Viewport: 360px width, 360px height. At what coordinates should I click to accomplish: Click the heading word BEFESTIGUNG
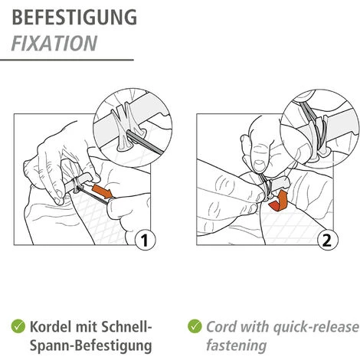pyautogui.click(x=74, y=17)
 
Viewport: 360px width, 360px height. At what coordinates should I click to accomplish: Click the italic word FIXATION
pyautogui.click(x=54, y=44)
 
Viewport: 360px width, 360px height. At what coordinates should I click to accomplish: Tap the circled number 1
pyautogui.click(x=145, y=241)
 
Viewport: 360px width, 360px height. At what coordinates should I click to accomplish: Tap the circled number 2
pyautogui.click(x=328, y=241)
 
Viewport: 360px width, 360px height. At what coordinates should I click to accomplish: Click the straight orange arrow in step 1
pyautogui.click(x=103, y=191)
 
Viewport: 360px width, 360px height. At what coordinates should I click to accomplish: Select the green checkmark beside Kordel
pyautogui.click(x=18, y=326)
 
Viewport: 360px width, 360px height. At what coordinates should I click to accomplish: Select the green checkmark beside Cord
pyautogui.click(x=195, y=326)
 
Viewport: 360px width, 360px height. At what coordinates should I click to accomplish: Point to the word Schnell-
pyautogui.click(x=126, y=326)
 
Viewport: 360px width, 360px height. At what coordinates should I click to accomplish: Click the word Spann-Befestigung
pyautogui.click(x=91, y=345)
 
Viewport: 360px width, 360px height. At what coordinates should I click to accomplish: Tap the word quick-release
pyautogui.click(x=316, y=327)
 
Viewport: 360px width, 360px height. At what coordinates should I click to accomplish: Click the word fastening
pyautogui.click(x=237, y=345)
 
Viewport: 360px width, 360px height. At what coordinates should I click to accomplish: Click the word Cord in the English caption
pyautogui.click(x=221, y=327)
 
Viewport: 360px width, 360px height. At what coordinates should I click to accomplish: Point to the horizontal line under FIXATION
pyautogui.click(x=67, y=60)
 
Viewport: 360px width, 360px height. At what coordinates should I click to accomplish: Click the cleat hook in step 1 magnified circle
pyautogui.click(x=125, y=128)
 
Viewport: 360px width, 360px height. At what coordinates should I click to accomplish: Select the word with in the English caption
pyautogui.click(x=254, y=327)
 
